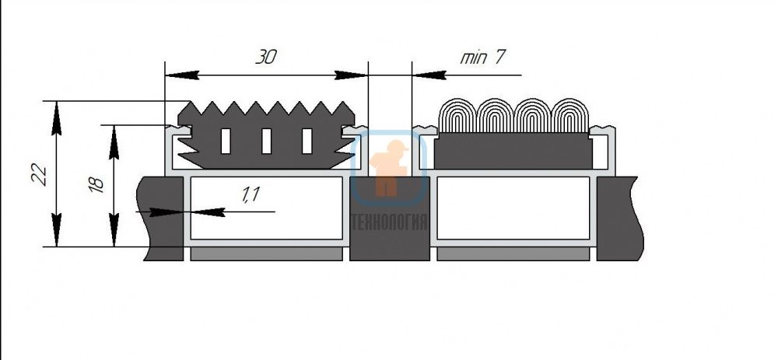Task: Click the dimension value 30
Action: (x=266, y=58)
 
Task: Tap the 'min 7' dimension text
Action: (x=482, y=58)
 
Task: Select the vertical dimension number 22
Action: (x=40, y=174)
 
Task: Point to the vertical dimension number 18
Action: (x=96, y=184)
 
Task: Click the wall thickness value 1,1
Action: (x=251, y=195)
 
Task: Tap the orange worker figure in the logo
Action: (x=389, y=167)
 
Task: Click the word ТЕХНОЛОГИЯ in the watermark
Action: (x=390, y=222)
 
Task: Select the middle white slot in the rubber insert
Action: (x=266, y=141)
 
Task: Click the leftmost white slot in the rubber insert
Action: (x=226, y=141)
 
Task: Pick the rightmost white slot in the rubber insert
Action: (x=307, y=141)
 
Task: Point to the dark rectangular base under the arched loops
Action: (x=513, y=151)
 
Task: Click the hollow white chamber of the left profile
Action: (x=266, y=208)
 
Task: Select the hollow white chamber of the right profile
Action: (x=513, y=208)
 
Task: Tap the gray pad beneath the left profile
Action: (x=266, y=254)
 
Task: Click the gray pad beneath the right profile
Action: (x=513, y=254)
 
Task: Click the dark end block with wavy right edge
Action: (x=619, y=218)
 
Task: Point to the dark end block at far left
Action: (x=161, y=218)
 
